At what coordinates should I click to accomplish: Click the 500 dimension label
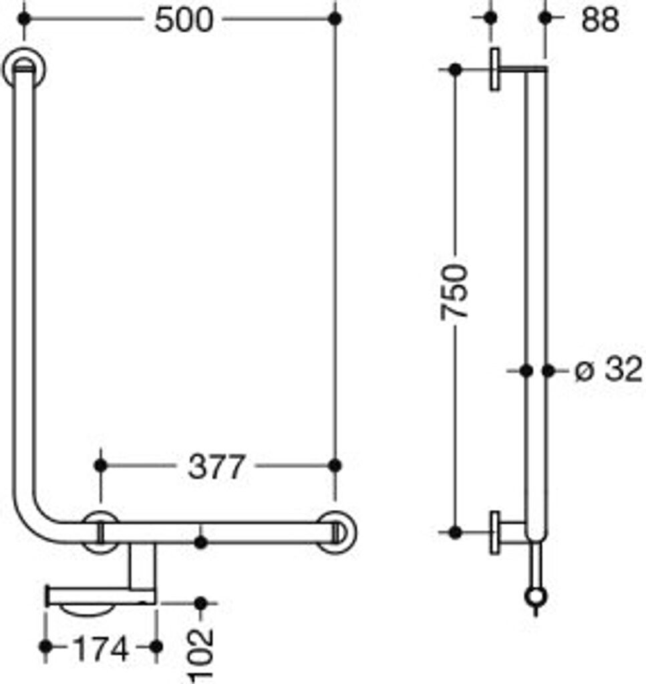183,20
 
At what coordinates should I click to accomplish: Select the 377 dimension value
216,466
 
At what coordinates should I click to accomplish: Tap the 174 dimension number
100,647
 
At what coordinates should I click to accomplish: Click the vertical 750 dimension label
456,292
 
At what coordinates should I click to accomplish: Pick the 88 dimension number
599,20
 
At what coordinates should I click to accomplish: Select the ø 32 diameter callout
608,369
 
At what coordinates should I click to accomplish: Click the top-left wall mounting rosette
24,69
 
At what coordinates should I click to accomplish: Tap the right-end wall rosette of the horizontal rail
336,532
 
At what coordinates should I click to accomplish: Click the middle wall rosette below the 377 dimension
100,532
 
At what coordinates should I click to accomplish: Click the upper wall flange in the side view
496,69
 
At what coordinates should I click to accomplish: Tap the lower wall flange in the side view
495,532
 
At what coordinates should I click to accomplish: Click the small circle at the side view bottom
536,596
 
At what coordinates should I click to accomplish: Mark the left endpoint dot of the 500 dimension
24,19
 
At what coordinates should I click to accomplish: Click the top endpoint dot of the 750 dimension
456,69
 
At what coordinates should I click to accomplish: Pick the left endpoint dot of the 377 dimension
100,464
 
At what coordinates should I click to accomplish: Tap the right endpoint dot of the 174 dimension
156,647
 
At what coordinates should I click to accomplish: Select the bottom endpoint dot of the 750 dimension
456,532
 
